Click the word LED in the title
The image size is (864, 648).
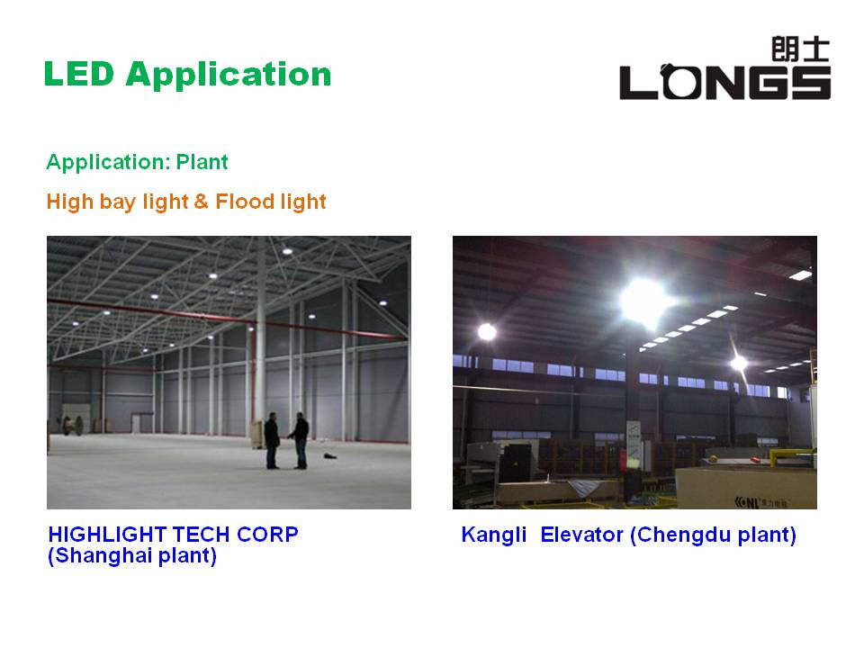pyautogui.click(x=79, y=74)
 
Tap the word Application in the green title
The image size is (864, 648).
pyautogui.click(x=228, y=76)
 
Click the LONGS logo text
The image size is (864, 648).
pyautogui.click(x=724, y=82)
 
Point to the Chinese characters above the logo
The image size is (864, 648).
pyautogui.click(x=800, y=49)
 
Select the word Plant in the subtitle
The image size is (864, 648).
pyautogui.click(x=202, y=162)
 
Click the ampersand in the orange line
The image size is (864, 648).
pyautogui.click(x=201, y=201)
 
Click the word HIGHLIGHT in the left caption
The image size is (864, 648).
pyautogui.click(x=108, y=535)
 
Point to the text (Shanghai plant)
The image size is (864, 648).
pyautogui.click(x=132, y=555)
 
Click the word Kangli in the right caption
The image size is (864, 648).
pyautogui.click(x=494, y=535)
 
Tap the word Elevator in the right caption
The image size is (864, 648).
pyautogui.click(x=581, y=535)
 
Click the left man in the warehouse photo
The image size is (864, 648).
pyautogui.click(x=272, y=441)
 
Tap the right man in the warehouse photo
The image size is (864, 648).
pyautogui.click(x=299, y=441)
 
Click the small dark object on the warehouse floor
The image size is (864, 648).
pyautogui.click(x=330, y=456)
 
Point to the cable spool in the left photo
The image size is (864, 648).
pyautogui.click(x=72, y=426)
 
